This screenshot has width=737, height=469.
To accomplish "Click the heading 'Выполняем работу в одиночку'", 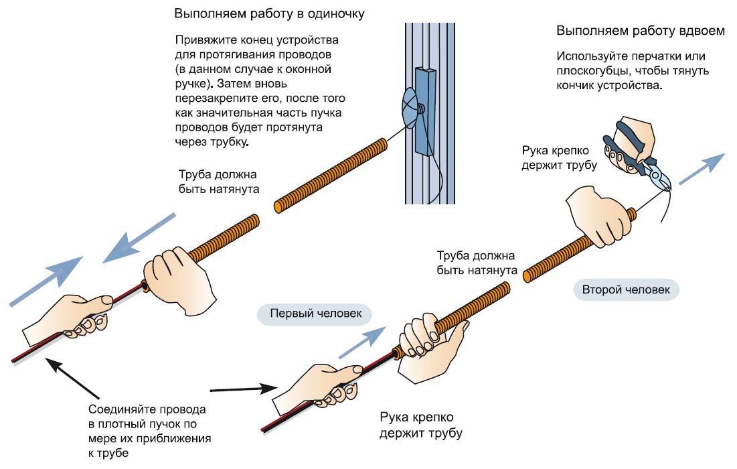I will pos(270,13).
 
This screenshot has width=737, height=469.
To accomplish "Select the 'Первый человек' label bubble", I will pos(315,314).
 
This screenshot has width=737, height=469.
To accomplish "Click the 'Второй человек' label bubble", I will pos(626,289).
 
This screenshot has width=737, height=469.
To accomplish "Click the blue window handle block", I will pos(424,110).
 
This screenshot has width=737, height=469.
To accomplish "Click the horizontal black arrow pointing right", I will pos(244,388).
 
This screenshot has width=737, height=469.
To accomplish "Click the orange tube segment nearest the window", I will pos(331,174).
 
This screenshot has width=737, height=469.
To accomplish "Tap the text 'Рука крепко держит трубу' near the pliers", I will pos(559,157).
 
